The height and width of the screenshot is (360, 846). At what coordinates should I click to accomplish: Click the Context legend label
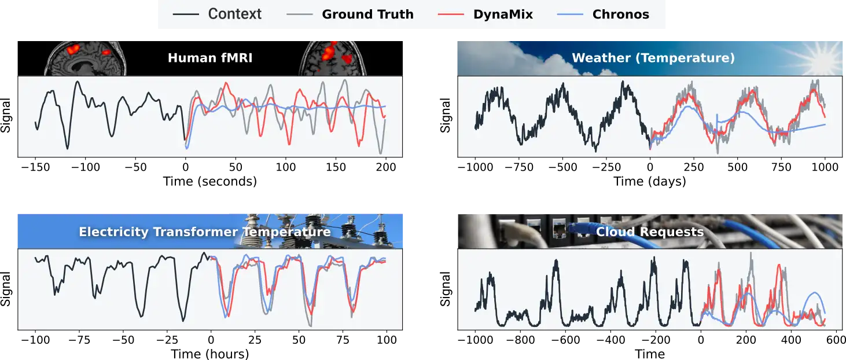(234, 14)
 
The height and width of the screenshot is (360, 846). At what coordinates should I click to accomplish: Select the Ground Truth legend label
(367, 14)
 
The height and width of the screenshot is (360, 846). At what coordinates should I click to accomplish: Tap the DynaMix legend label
(503, 14)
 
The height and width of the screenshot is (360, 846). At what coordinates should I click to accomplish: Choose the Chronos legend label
(620, 14)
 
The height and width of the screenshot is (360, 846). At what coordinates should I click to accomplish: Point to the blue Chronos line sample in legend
(571, 14)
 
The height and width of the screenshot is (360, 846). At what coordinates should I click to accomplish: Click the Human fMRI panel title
(209, 58)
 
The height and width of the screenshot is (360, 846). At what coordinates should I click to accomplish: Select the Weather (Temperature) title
(653, 58)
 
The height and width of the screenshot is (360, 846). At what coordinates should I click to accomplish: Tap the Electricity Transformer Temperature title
(204, 232)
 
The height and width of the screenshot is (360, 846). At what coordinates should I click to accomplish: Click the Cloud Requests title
(649, 232)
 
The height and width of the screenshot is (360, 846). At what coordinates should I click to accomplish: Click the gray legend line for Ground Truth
(300, 14)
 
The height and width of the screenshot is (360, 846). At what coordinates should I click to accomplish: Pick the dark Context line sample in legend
(186, 14)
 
